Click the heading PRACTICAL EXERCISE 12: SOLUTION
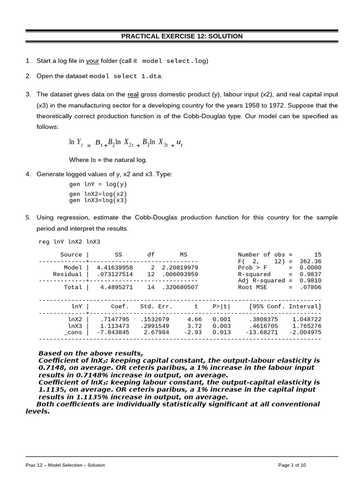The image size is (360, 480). pos(182,36)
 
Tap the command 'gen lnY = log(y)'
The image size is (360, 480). pos(98,184)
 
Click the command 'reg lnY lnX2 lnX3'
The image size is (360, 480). pos(69,242)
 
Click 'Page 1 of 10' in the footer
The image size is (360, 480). pos(292,465)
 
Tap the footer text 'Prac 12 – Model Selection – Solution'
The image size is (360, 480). pos(65,465)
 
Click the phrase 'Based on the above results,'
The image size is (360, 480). pos(90,353)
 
